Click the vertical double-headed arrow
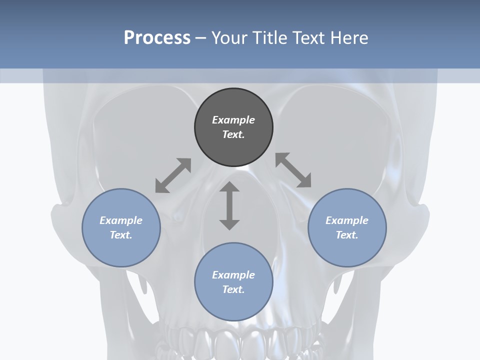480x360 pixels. click(x=229, y=205)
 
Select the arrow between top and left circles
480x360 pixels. click(x=173, y=175)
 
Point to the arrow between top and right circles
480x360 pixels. click(x=293, y=170)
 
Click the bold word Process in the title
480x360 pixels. click(x=157, y=37)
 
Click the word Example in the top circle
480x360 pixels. click(x=233, y=120)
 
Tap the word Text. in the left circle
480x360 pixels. click(x=121, y=235)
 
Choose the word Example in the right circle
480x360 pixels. click(x=347, y=220)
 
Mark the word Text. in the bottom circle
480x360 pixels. click(x=233, y=289)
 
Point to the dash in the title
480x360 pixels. click(x=201, y=38)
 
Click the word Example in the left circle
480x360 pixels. click(x=121, y=220)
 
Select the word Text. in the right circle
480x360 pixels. click(x=347, y=235)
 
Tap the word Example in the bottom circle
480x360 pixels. click(x=233, y=275)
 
